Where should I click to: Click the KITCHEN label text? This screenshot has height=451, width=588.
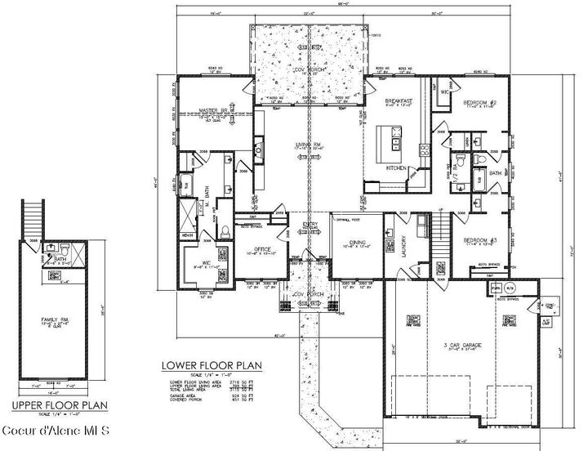[x=396, y=167]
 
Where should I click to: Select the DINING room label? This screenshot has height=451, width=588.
[x=358, y=240]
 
